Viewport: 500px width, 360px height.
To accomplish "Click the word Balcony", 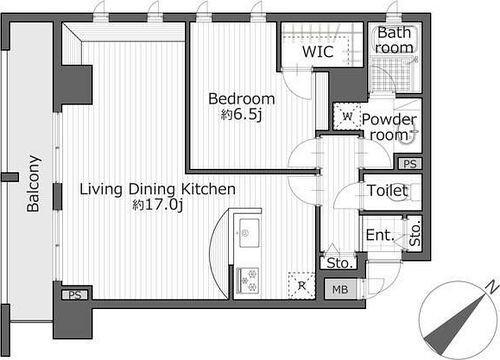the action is coord(33,184).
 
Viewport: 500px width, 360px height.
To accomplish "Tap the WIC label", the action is coord(318,52).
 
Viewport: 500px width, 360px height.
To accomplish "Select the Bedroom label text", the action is coord(241,99).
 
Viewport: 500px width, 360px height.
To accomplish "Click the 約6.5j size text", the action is coord(241,114).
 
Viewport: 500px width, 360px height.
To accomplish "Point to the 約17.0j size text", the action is coord(158,205).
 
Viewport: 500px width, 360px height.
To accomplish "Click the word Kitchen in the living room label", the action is coord(208,189).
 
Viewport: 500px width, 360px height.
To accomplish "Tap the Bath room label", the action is coord(394,40).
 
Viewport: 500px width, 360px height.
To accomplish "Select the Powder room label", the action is coord(389,127).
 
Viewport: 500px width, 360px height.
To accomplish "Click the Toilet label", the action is coord(387,191).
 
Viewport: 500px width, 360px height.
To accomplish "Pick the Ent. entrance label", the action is coord(380,235).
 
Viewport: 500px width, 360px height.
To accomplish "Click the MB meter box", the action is coord(340,289).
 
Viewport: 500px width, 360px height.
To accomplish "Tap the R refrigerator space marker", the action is coord(302,286).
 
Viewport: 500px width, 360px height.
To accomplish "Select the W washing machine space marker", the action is coord(347,116).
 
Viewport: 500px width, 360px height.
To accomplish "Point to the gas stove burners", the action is coord(248,280).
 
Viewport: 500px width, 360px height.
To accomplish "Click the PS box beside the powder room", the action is coord(410,164).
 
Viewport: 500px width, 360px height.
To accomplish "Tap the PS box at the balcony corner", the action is coord(75,295).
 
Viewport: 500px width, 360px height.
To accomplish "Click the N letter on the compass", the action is coord(491,287).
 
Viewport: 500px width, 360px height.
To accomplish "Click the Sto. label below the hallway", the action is coord(339,263).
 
